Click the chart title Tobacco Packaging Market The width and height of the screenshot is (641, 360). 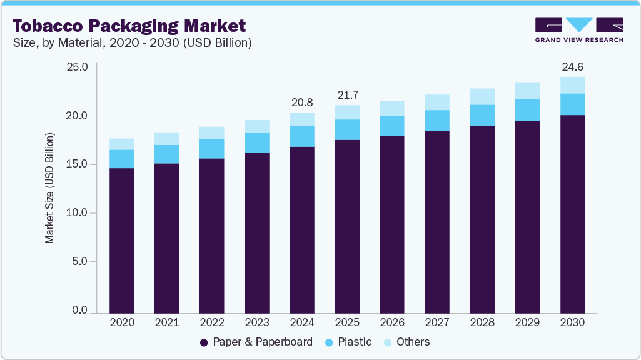click(129, 26)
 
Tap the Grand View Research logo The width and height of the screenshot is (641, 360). click(579, 30)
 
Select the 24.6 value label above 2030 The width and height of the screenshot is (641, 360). click(572, 67)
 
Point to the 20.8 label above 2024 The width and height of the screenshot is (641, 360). click(302, 102)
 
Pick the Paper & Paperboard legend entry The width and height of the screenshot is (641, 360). click(256, 342)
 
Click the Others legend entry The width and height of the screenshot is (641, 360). click(406, 342)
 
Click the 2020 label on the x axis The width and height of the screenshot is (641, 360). click(122, 322)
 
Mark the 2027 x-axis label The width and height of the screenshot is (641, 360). click(437, 322)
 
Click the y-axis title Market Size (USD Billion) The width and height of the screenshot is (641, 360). click(49, 188)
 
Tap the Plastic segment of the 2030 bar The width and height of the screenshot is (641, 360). click(572, 104)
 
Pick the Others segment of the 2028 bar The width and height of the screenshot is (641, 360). click(482, 97)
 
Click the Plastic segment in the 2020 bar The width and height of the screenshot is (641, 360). click(122, 159)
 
